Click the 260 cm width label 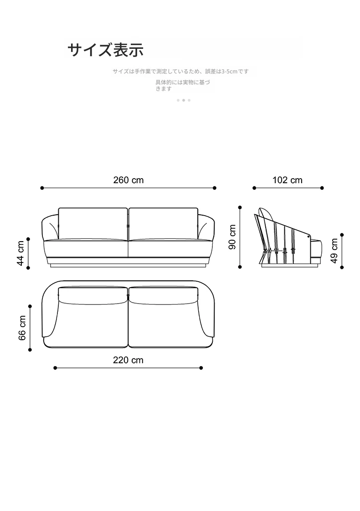[x=129, y=180]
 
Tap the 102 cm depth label [x=288, y=180]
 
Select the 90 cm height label [x=232, y=237]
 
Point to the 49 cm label [x=334, y=251]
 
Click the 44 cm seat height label [x=21, y=253]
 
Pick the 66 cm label [x=22, y=328]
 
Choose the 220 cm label [x=128, y=360]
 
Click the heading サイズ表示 [x=106, y=50]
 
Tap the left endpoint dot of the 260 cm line [x=42, y=188]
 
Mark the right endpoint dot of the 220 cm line [x=201, y=368]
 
